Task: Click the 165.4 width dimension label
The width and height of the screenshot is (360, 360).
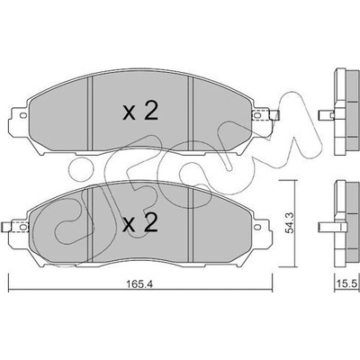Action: pos(139,284)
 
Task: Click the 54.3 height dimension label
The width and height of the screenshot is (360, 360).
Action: pos(291,223)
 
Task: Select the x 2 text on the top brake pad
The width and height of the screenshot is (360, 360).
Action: pos(140,112)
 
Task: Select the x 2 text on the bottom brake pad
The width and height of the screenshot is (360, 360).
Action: pos(140,223)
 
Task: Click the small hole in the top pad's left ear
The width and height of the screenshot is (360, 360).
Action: pos(22,115)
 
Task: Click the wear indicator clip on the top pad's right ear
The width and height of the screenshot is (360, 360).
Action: pos(265,115)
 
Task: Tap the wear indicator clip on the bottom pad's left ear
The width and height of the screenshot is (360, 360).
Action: pos(15,227)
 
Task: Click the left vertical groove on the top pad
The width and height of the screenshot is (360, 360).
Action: pos(90,112)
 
